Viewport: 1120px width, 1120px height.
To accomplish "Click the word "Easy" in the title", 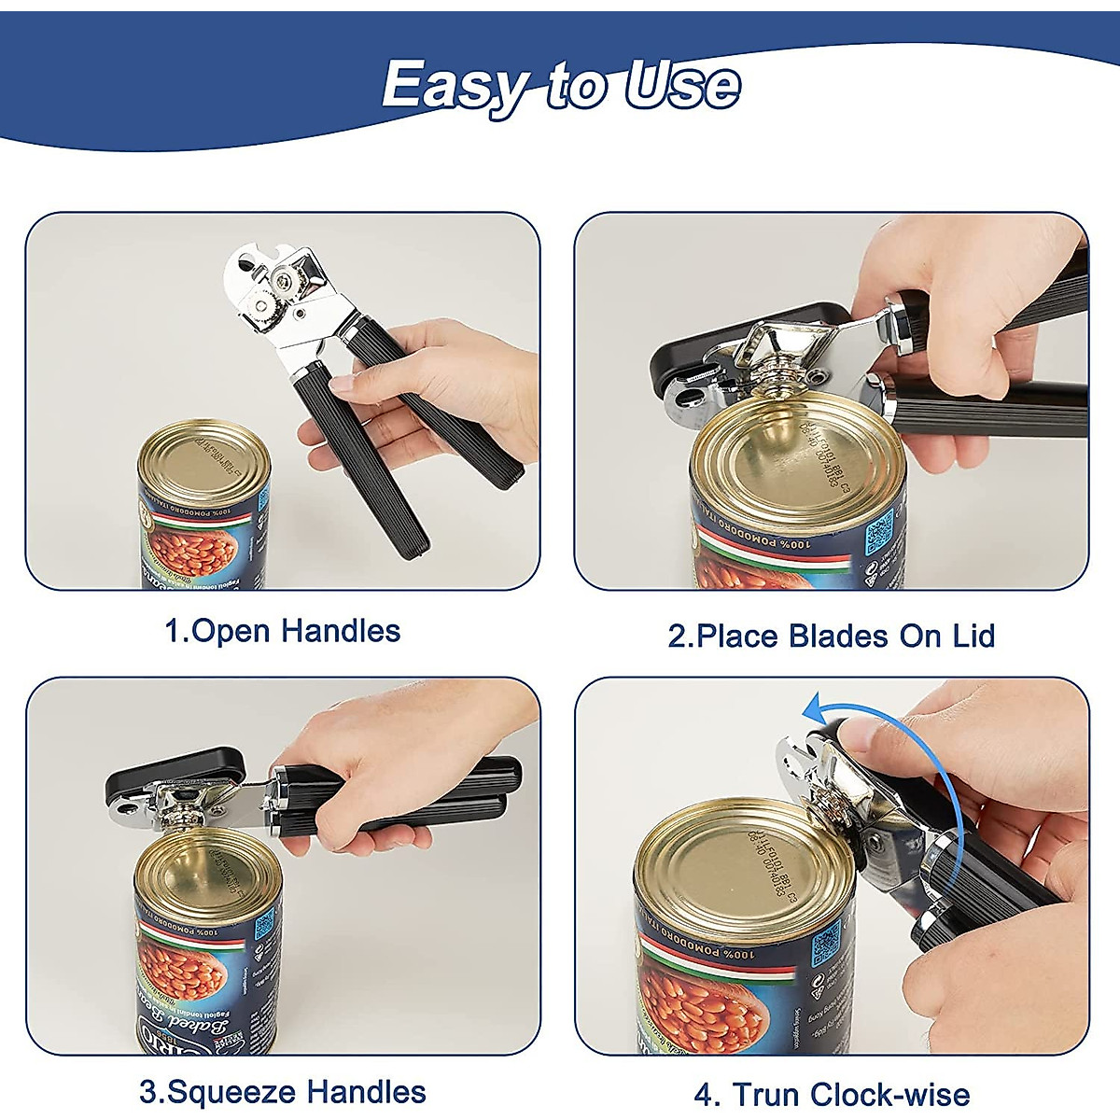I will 454,87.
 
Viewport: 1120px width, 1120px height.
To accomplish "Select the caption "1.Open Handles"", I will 282,631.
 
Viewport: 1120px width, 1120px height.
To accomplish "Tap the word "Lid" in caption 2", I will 973,637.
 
